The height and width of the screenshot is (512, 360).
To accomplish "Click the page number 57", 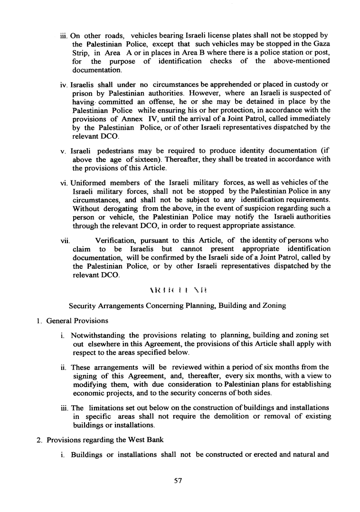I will click(x=179, y=481).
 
